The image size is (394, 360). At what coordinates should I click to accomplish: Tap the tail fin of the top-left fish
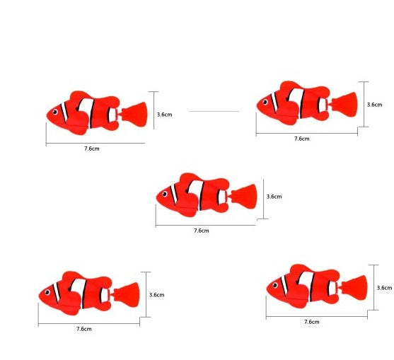point(134,112)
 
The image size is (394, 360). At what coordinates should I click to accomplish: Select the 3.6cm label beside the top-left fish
point(164,113)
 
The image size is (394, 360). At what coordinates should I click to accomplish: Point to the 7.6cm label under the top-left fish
point(91,149)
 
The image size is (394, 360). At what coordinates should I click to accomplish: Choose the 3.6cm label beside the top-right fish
point(374,104)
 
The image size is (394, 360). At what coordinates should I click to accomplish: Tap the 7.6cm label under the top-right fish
point(302,139)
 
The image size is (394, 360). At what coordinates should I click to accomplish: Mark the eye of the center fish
point(166,194)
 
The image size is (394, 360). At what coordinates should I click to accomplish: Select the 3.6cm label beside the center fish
point(274,197)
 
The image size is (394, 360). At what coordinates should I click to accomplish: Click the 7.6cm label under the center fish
point(202,231)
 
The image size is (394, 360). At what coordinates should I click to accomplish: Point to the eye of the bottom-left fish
point(48,292)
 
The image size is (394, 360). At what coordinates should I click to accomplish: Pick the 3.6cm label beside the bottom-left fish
point(156,295)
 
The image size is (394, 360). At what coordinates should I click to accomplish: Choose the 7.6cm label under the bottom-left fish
point(83,329)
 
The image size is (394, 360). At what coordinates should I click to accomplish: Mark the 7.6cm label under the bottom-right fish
point(311,322)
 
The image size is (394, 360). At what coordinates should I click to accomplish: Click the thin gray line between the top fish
point(214,111)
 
